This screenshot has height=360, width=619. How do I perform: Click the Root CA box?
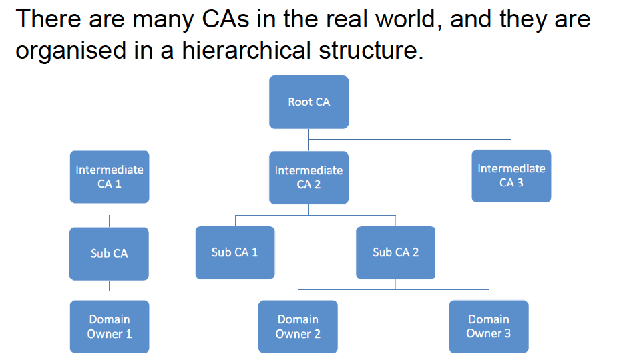(308, 102)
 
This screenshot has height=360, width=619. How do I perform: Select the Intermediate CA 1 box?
(110, 177)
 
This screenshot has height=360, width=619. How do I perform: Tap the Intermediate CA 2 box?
(308, 177)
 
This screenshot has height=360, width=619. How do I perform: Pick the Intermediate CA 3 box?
(511, 176)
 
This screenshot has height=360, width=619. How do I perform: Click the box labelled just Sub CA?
(109, 254)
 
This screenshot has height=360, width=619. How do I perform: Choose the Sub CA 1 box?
(235, 252)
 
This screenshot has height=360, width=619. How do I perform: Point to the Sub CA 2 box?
(395, 252)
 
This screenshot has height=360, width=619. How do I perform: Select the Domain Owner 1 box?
(110, 327)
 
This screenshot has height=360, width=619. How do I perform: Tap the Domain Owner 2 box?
(298, 327)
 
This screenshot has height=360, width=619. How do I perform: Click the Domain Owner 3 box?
(489, 327)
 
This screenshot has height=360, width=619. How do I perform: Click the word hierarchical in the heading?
(246, 50)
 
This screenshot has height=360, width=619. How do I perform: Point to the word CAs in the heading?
(226, 19)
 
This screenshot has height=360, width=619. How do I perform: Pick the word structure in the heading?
(371, 51)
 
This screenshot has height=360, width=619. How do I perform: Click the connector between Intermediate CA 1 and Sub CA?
(110, 216)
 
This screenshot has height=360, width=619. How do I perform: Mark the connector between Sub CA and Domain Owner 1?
(110, 291)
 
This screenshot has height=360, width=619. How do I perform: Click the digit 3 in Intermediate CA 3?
(520, 183)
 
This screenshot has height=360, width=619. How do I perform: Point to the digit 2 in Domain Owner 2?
(317, 334)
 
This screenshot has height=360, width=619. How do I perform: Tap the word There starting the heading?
(48, 19)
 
